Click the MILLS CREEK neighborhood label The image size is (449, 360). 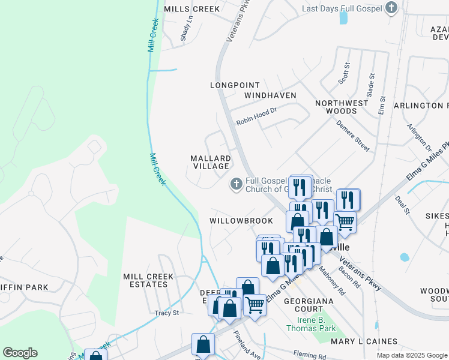tap(191, 9)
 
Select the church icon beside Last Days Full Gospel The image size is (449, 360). tap(391, 8)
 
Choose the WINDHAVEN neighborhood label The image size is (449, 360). tap(270, 95)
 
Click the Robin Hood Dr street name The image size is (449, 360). tap(256, 116)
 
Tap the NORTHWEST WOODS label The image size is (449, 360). tap(342, 107)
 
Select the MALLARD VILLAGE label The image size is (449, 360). tap(210, 162)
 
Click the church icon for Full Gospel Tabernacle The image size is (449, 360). tap(237, 185)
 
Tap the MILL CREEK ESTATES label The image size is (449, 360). tap(148, 280)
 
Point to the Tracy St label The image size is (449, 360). tap(167, 313)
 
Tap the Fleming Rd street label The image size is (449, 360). tap(309, 354)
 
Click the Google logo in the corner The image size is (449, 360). tap(20, 353)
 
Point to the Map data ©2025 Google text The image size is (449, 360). tap(412, 355)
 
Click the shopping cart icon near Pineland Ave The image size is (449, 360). tap(255, 305)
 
